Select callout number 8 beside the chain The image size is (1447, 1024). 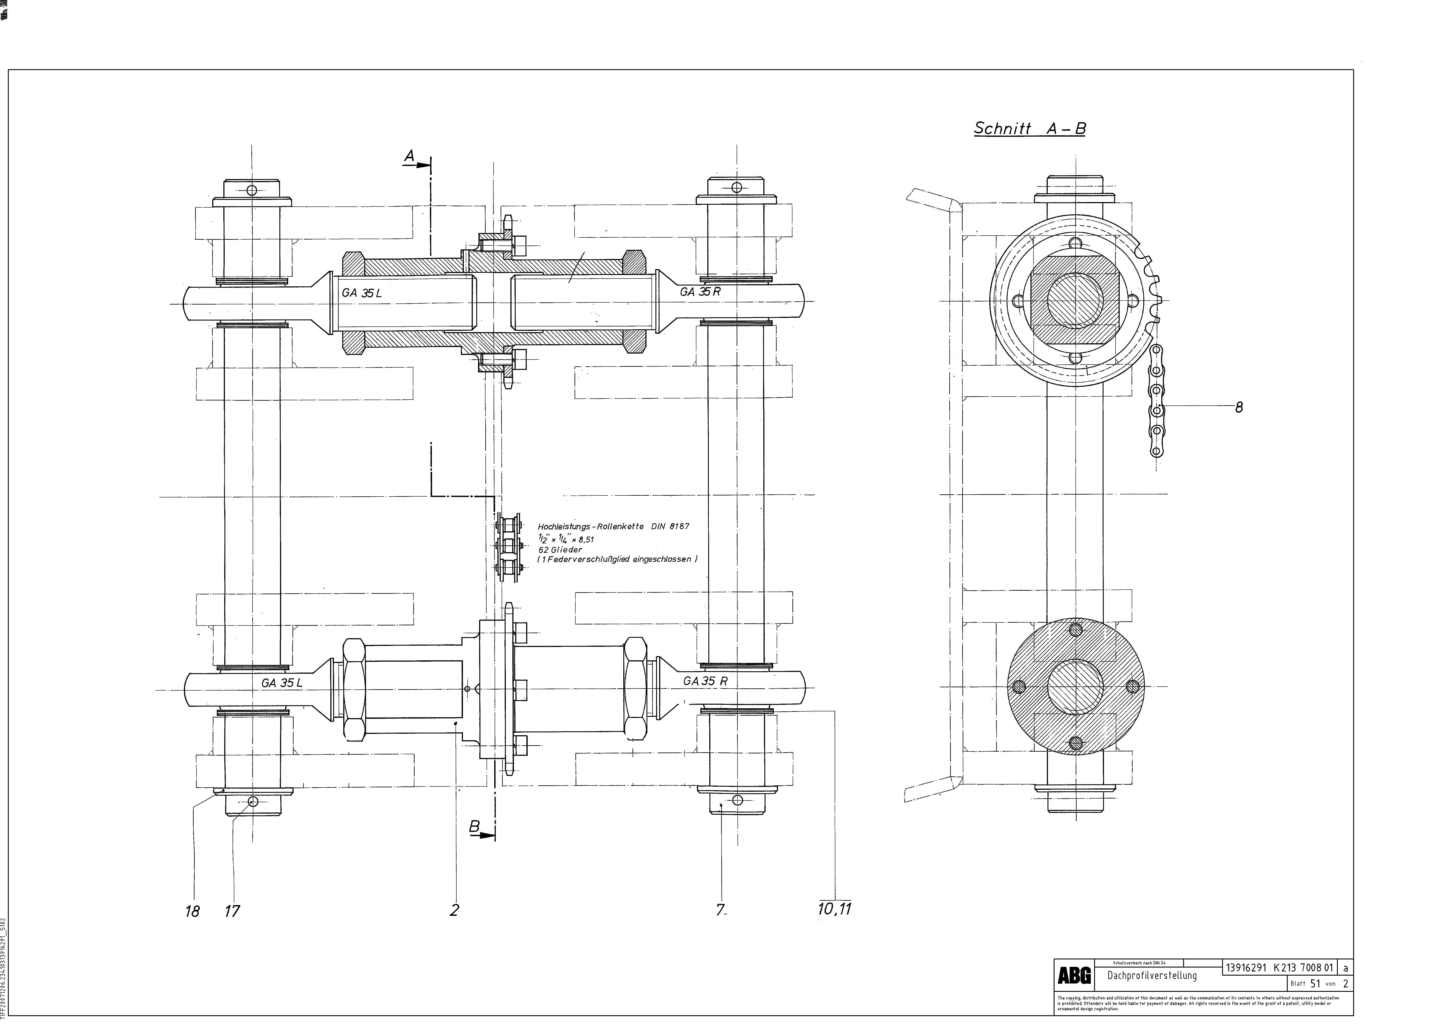(1239, 407)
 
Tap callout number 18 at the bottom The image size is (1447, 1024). (192, 911)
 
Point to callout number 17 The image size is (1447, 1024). (233, 911)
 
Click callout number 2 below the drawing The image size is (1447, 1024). (454, 910)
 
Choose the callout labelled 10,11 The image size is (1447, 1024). (834, 909)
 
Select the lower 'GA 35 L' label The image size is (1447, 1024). (282, 683)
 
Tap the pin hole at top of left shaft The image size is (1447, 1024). (252, 190)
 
